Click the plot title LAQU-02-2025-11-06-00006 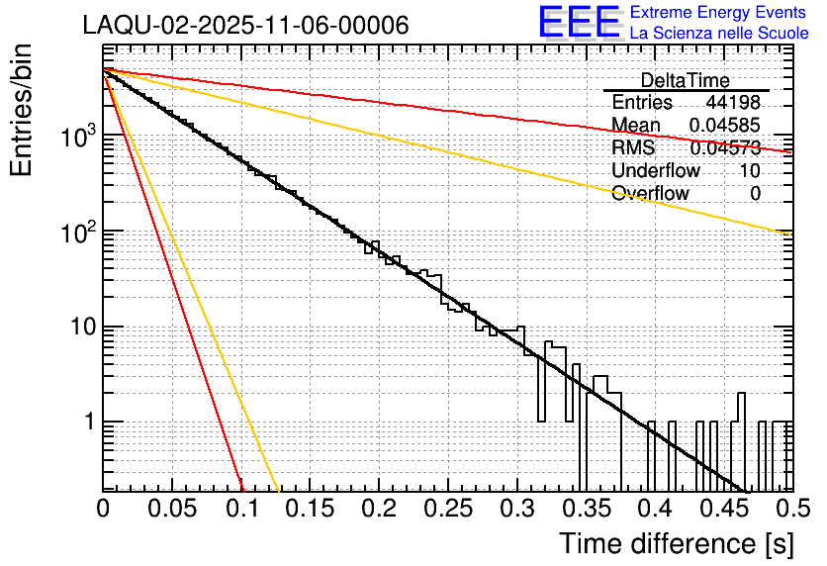pos(245,26)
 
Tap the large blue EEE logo pos(579,24)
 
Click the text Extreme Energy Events pos(719,13)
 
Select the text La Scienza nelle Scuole pos(719,34)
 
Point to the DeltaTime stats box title pos(685,80)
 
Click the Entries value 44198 pos(733,103)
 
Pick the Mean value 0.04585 pos(726,126)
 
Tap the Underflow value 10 pos(750,171)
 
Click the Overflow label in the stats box pos(650,194)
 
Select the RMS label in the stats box pos(633,148)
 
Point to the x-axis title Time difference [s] pos(676,543)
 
